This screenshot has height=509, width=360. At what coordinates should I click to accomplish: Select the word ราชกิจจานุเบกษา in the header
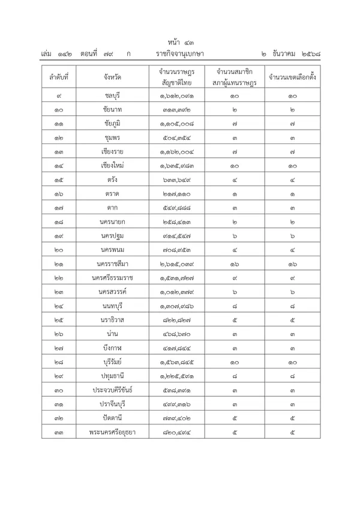pyautogui.click(x=179, y=55)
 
